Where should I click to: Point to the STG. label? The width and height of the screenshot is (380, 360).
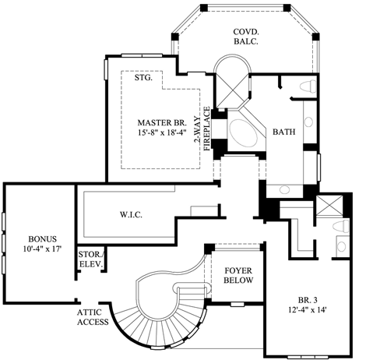click(x=142, y=78)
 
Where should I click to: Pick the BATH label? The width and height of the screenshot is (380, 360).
click(x=283, y=132)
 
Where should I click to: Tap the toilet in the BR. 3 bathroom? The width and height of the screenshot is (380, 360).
click(x=342, y=227)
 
